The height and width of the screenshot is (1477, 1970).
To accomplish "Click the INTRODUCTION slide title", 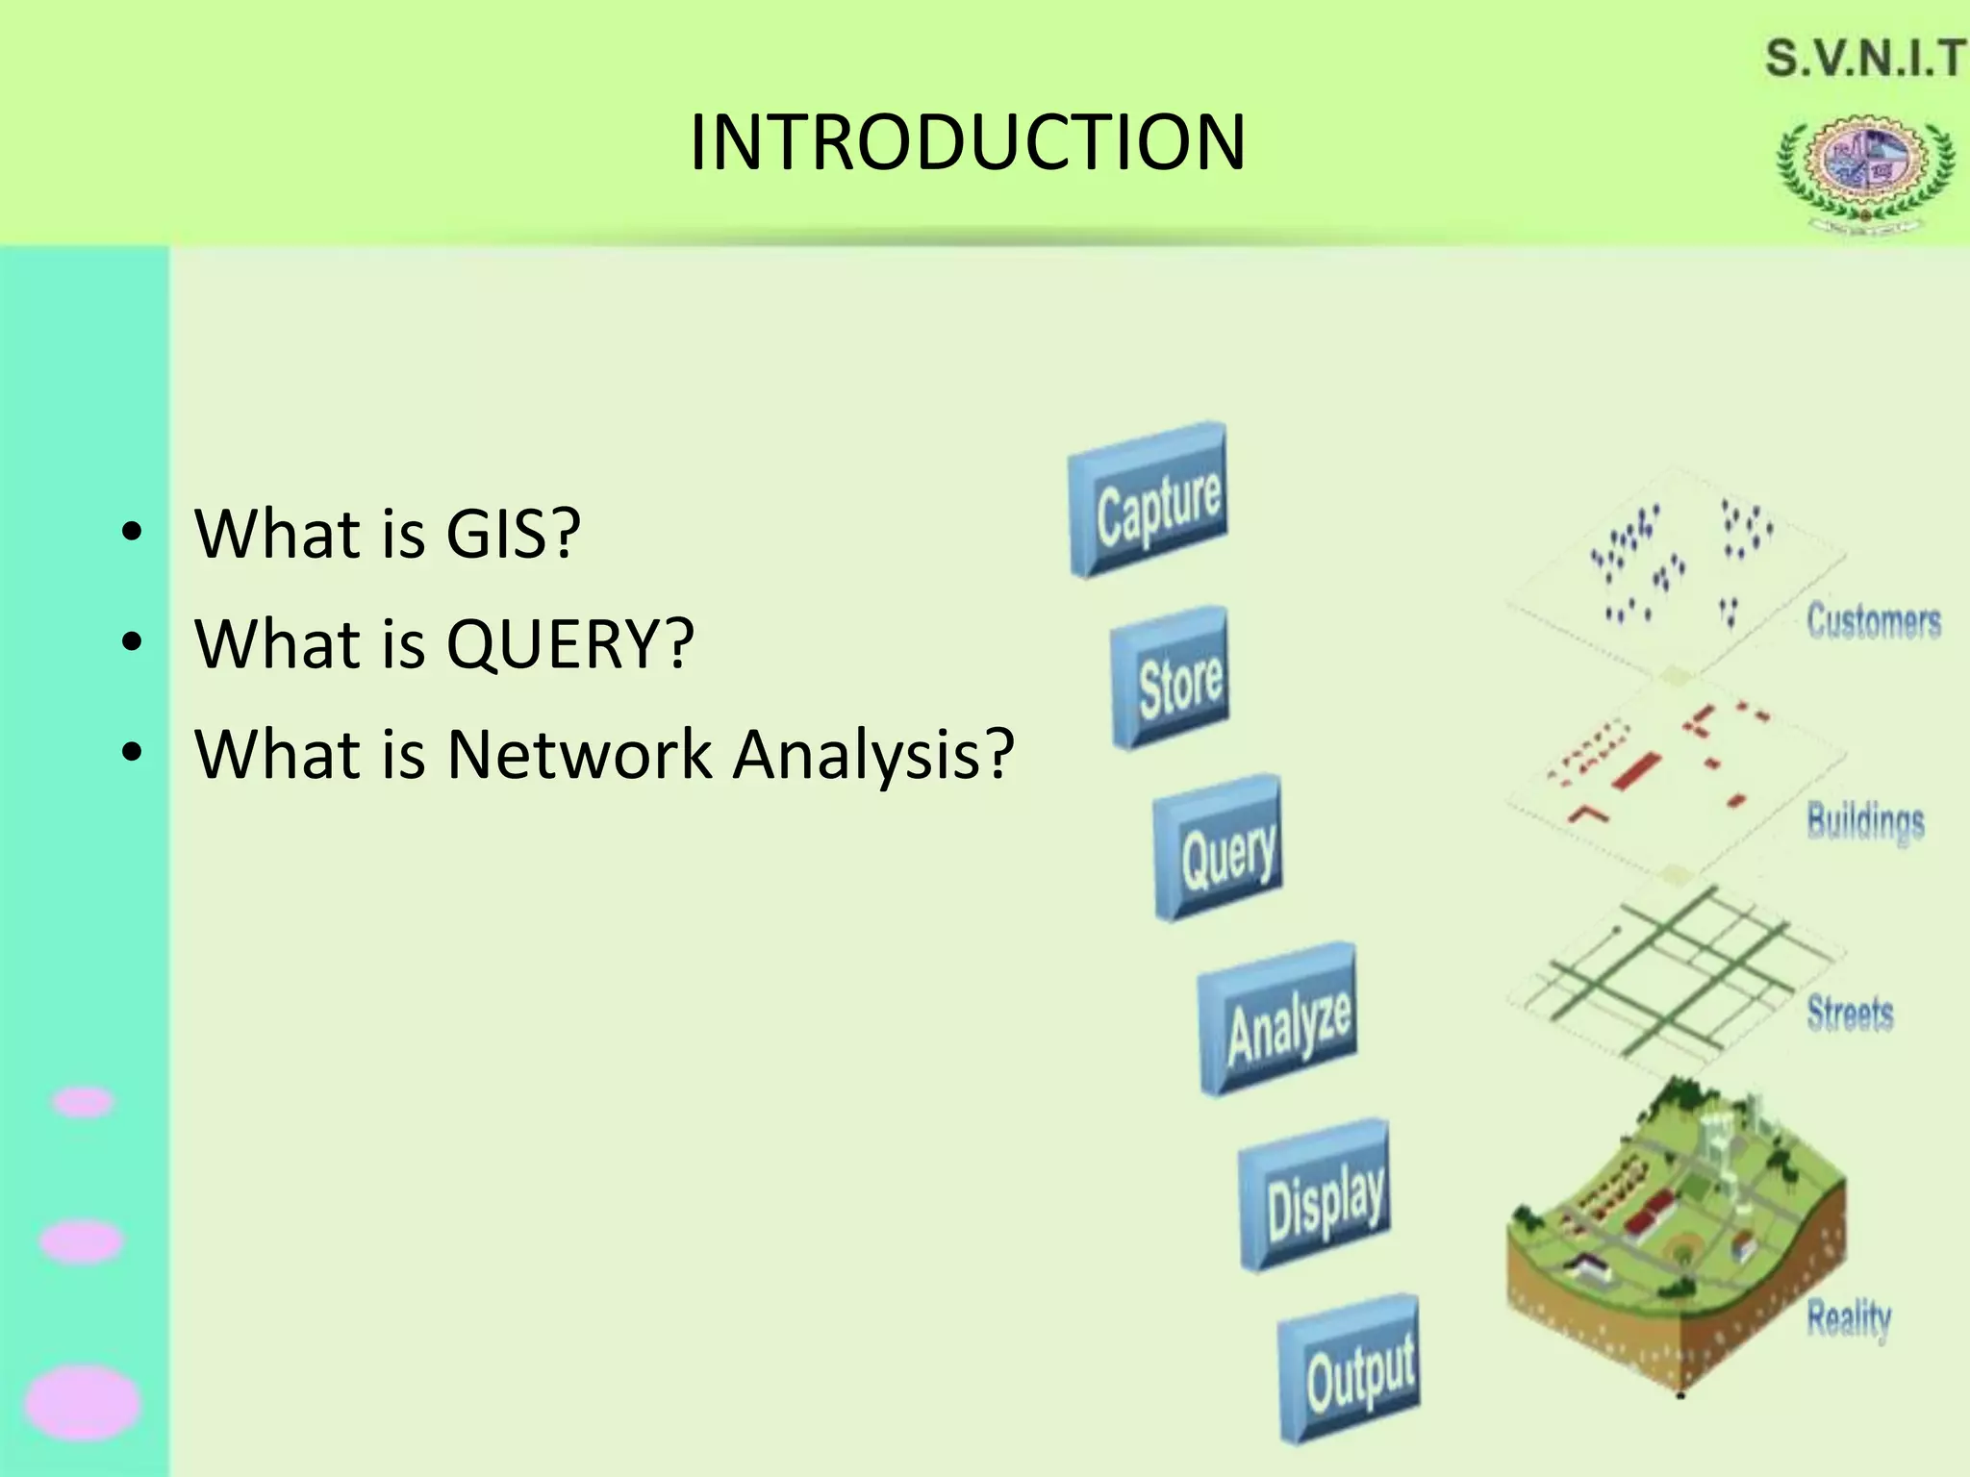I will (968, 142).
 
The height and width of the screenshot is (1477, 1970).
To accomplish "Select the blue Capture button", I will (1149, 500).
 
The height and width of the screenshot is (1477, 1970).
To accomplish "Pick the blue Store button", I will (1171, 678).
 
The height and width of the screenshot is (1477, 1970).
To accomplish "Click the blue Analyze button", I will (1278, 1019).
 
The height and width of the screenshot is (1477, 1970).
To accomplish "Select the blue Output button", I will (1350, 1369).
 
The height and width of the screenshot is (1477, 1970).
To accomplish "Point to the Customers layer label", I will (1873, 620).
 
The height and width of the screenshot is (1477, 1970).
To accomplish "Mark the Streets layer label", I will (1850, 1013).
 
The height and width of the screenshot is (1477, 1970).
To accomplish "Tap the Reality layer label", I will (1849, 1317).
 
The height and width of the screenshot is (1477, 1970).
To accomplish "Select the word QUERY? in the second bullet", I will (569, 643).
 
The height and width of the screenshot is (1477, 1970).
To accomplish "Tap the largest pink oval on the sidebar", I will (83, 1403).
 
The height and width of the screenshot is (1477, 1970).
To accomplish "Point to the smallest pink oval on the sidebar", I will (83, 1102).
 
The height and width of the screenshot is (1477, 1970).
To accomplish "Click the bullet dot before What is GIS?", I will (132, 532).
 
